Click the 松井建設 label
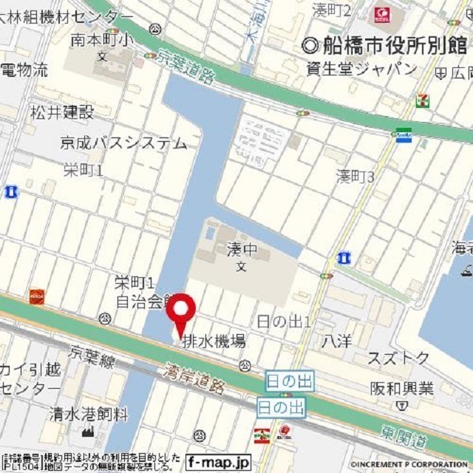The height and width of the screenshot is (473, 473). (62, 112)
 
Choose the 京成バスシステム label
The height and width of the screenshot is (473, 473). (125, 143)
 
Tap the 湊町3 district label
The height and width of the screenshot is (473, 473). (355, 176)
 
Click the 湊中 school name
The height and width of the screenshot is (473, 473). (240, 252)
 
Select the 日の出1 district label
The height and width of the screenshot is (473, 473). (283, 321)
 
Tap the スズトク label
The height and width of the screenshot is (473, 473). (399, 358)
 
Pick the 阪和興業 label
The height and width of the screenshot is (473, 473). (401, 388)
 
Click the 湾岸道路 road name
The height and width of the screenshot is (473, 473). (195, 376)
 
